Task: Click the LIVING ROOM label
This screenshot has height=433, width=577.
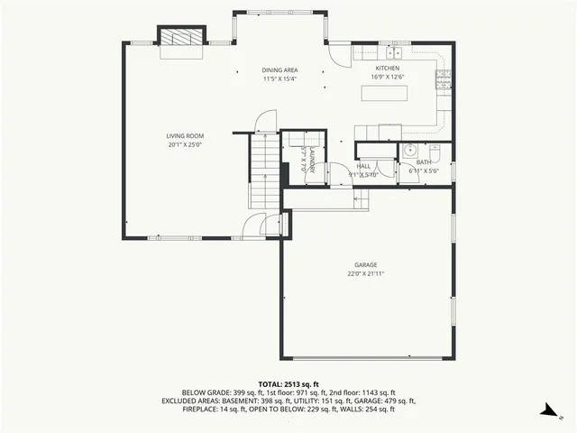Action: click(184, 136)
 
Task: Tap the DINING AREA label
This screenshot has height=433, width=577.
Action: click(279, 70)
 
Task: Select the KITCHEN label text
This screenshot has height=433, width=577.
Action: click(387, 68)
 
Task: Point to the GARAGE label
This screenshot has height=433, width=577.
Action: click(365, 264)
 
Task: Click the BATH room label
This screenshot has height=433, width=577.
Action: click(423, 162)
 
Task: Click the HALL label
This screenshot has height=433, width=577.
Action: click(363, 166)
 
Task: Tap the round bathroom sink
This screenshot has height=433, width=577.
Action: click(408, 152)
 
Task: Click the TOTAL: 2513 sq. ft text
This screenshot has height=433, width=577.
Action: click(288, 383)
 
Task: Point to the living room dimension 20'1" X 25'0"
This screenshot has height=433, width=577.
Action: click(184, 144)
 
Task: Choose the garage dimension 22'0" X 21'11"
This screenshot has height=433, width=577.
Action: click(365, 273)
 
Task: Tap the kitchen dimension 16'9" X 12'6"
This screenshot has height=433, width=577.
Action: click(387, 77)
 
